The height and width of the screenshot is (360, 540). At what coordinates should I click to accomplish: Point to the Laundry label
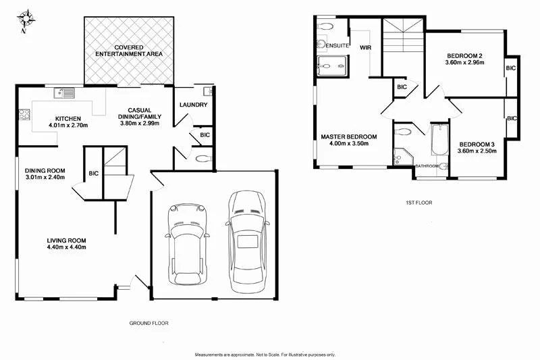pos(193,105)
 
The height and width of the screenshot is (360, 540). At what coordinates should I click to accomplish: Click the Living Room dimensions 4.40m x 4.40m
pos(66,248)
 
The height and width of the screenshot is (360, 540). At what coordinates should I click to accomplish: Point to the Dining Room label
pos(45,170)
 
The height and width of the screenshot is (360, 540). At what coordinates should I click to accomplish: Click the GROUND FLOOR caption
pos(148,324)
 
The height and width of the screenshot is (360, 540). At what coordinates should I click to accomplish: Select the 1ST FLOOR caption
pos(418,203)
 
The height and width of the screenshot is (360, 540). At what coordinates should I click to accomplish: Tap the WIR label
pos(366,48)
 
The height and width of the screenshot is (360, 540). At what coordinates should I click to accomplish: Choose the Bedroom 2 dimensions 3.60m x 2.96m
pos(466,63)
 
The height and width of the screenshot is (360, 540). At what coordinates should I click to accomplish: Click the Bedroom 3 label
pos(477,144)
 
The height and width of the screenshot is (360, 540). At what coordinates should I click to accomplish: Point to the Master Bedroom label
pos(349,136)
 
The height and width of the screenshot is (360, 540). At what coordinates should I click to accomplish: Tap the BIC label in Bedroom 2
pos(511,68)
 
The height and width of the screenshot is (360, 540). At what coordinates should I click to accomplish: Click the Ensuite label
pos(337,45)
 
